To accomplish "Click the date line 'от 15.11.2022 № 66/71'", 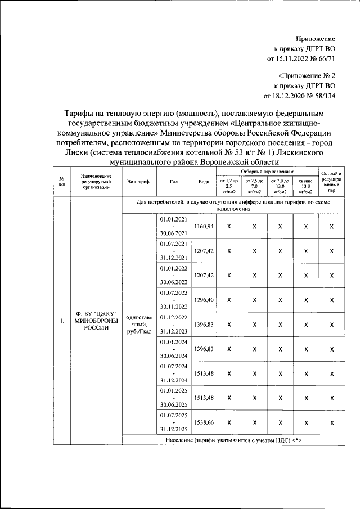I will [304, 58].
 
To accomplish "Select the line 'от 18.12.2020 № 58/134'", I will [303, 96].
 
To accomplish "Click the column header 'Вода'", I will [203, 182].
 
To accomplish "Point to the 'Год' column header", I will [174, 182].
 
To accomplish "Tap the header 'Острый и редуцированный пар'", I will [332, 182].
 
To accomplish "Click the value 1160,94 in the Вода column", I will [203, 226].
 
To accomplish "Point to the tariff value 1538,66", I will [203, 422].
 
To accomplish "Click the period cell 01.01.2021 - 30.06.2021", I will [174, 226].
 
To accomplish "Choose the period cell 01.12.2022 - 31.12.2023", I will [174, 325].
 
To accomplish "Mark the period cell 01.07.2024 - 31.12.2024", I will [174, 373].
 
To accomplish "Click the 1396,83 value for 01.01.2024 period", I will [203, 349].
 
